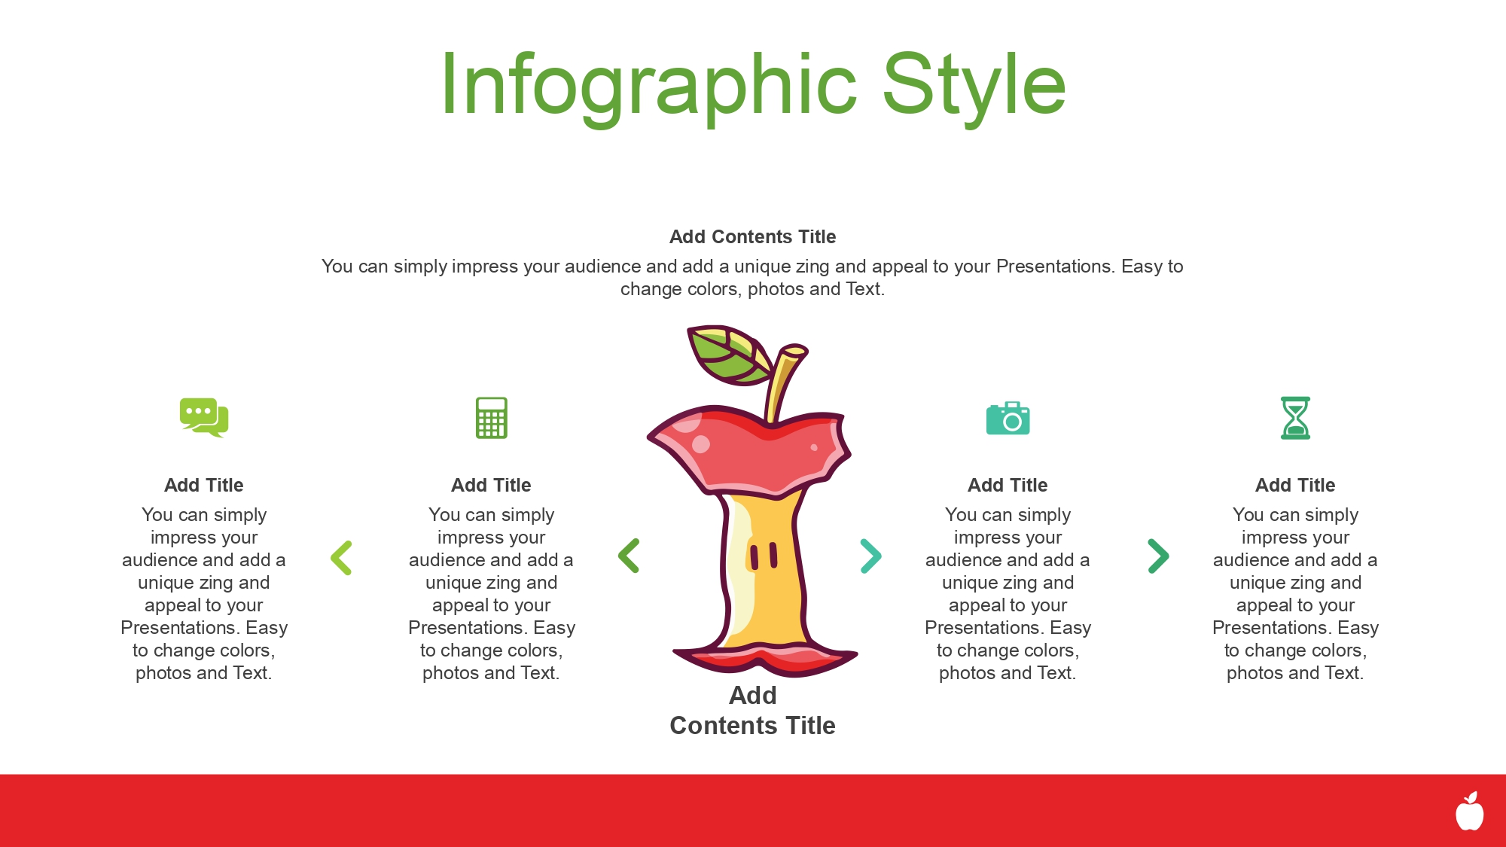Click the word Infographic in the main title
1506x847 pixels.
click(x=648, y=87)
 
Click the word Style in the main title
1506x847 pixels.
click(x=974, y=87)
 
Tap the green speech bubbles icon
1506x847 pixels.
click(x=203, y=416)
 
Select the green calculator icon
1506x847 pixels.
click(x=492, y=418)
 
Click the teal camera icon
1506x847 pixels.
click(x=1008, y=418)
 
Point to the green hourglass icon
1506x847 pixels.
click(x=1296, y=418)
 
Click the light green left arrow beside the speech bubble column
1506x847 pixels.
click(x=341, y=558)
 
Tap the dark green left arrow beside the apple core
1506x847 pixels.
click(x=629, y=556)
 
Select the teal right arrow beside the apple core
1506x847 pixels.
click(x=871, y=556)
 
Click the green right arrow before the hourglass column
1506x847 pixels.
click(x=1159, y=556)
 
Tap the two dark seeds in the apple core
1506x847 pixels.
click(x=763, y=556)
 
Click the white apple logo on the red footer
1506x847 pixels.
click(x=1469, y=812)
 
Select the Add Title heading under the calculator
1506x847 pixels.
click(x=492, y=485)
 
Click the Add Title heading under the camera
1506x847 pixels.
click(x=1008, y=485)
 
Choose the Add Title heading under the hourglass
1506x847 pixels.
click(x=1296, y=485)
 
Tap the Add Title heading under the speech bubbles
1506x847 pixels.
click(x=204, y=485)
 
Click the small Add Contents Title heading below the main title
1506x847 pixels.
click(x=753, y=236)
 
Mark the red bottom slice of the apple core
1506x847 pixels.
click(x=765, y=659)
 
